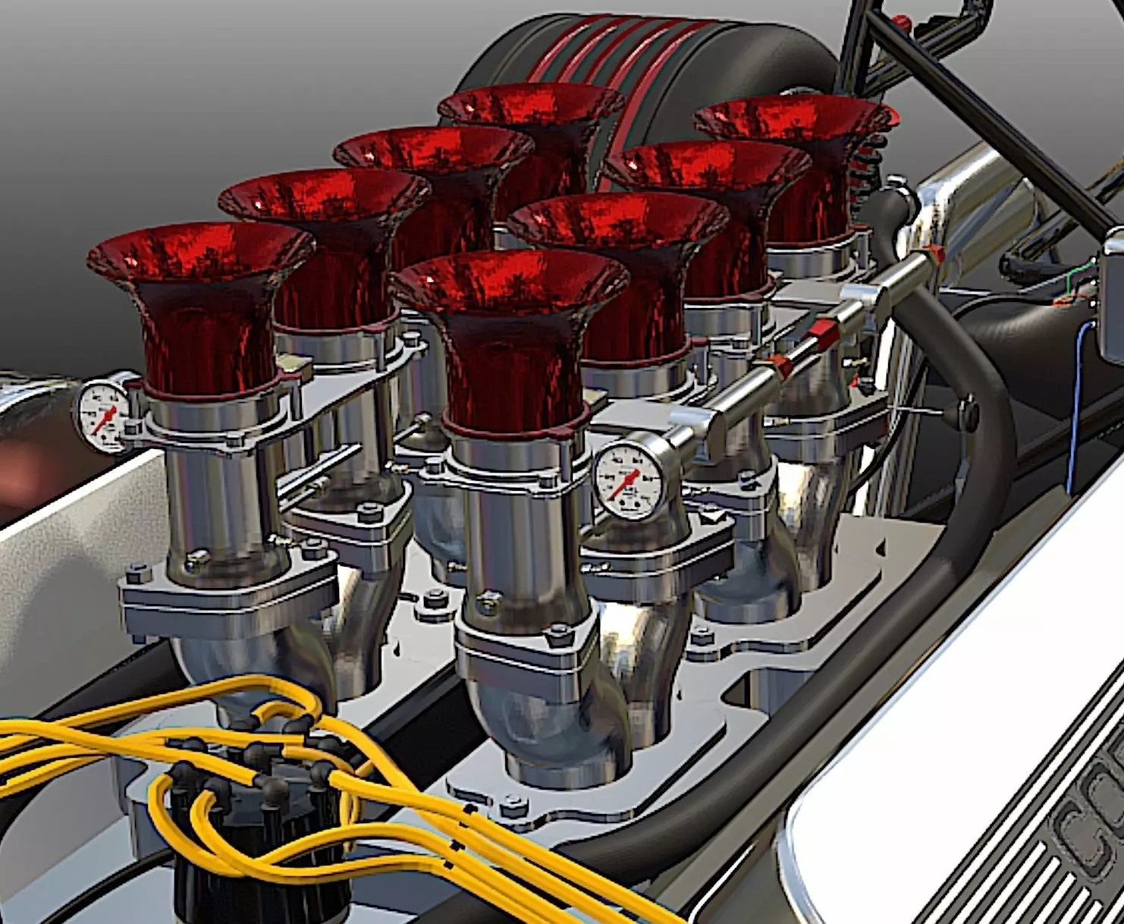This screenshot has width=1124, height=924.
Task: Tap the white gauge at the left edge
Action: click(101, 414)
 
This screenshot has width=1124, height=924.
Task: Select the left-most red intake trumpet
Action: click(201, 303)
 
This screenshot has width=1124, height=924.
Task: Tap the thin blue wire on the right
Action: click(1073, 410)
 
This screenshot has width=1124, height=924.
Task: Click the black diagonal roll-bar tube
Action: click(986, 114)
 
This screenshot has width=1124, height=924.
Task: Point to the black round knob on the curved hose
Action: click(968, 413)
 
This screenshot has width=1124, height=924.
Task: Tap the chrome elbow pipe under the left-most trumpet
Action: click(250, 668)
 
